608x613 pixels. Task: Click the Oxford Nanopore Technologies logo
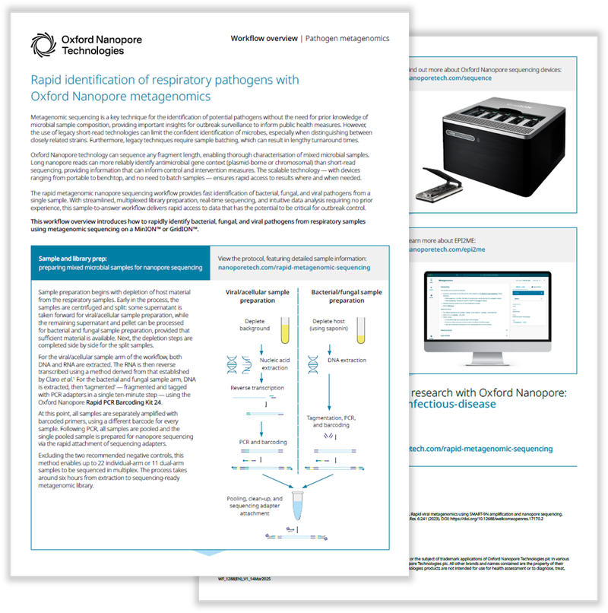point(76,44)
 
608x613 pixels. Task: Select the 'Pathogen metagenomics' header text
point(347,38)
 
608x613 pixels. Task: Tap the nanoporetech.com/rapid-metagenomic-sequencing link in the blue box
point(294,268)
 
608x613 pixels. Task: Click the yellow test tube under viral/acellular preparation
point(285,329)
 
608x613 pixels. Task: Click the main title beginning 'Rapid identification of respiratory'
point(164,88)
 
